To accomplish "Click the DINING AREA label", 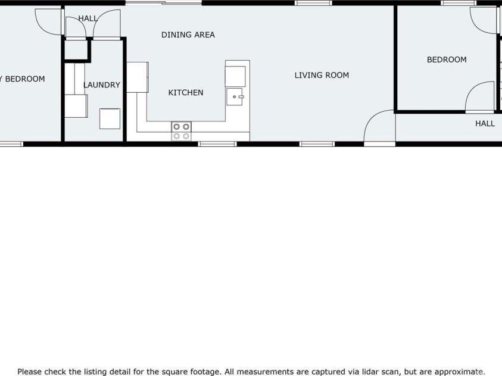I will click(188, 35).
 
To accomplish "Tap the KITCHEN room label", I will click(186, 93).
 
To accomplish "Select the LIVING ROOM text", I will click(322, 76).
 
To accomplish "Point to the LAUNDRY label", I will click(102, 85).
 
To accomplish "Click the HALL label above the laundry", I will click(88, 18).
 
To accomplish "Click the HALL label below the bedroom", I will click(485, 124).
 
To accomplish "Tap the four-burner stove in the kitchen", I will click(182, 131).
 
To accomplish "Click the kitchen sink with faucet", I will click(235, 96).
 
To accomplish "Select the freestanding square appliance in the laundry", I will click(110, 118).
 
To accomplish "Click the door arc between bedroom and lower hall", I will click(480, 97).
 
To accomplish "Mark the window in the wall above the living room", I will click(313, 3).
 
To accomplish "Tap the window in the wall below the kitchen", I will click(217, 143).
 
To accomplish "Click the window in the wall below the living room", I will click(317, 143).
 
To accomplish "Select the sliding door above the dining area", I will click(163, 3).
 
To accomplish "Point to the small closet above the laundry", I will click(76, 50).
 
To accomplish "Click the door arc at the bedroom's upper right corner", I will click(484, 20).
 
